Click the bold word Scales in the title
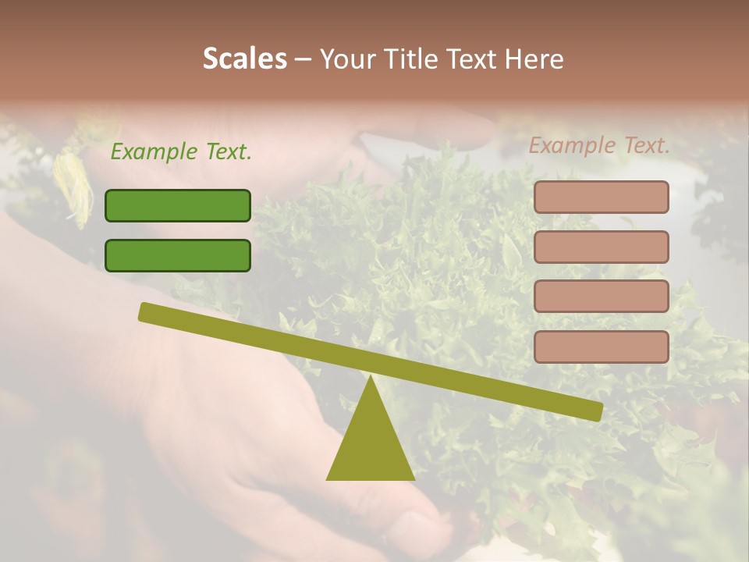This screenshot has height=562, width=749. tap(244, 59)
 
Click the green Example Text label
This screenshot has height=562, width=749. tap(181, 151)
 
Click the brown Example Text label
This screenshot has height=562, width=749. tap(599, 145)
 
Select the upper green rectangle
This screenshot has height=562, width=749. tap(178, 205)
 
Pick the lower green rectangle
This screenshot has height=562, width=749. tap(178, 255)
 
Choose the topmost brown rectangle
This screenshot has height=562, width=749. tap(601, 197)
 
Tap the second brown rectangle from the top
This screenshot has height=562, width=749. tap(601, 247)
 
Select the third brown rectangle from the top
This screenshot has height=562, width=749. tap(601, 297)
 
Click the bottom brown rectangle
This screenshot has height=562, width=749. tap(601, 347)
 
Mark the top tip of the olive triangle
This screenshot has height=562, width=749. tap(371, 377)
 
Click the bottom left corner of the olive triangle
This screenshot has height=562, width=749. tap(328, 478)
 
